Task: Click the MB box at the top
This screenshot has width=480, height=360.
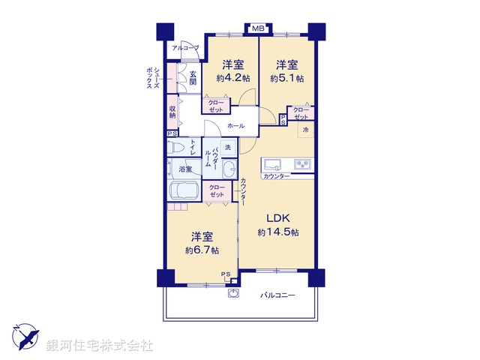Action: [257, 28]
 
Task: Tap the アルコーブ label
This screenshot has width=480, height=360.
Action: [185, 48]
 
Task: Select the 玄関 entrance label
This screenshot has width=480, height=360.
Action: [193, 77]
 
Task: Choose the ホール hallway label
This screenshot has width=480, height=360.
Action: [235, 126]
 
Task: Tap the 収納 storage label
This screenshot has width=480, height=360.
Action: [172, 112]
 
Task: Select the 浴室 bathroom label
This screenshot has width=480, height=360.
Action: [184, 169]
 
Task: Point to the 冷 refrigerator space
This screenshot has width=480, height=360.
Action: [305, 130]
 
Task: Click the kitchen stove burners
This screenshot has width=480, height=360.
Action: [303, 164]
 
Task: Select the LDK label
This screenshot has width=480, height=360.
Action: [278, 218]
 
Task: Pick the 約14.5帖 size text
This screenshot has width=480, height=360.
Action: [278, 232]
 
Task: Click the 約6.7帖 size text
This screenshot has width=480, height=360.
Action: [199, 250]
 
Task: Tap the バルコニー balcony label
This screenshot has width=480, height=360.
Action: [278, 295]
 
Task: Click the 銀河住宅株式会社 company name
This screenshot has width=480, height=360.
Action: [100, 346]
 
